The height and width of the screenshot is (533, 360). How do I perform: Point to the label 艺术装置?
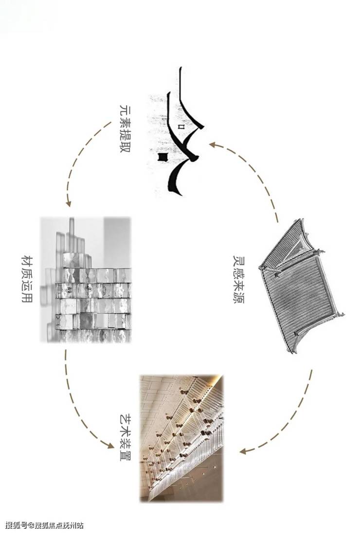[x=125, y=437]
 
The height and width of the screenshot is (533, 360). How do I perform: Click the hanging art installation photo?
[x=181, y=438]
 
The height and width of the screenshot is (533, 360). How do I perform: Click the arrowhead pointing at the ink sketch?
[x=213, y=144]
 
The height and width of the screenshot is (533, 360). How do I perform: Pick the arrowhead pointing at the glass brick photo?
[x=68, y=203]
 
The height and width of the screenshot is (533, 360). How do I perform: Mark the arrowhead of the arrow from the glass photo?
[x=110, y=445]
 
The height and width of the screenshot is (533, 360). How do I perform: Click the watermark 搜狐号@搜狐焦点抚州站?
[x=45, y=526]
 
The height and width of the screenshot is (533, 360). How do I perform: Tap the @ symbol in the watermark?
[x=32, y=526]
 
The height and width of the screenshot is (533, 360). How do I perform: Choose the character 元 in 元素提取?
[x=125, y=111]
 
